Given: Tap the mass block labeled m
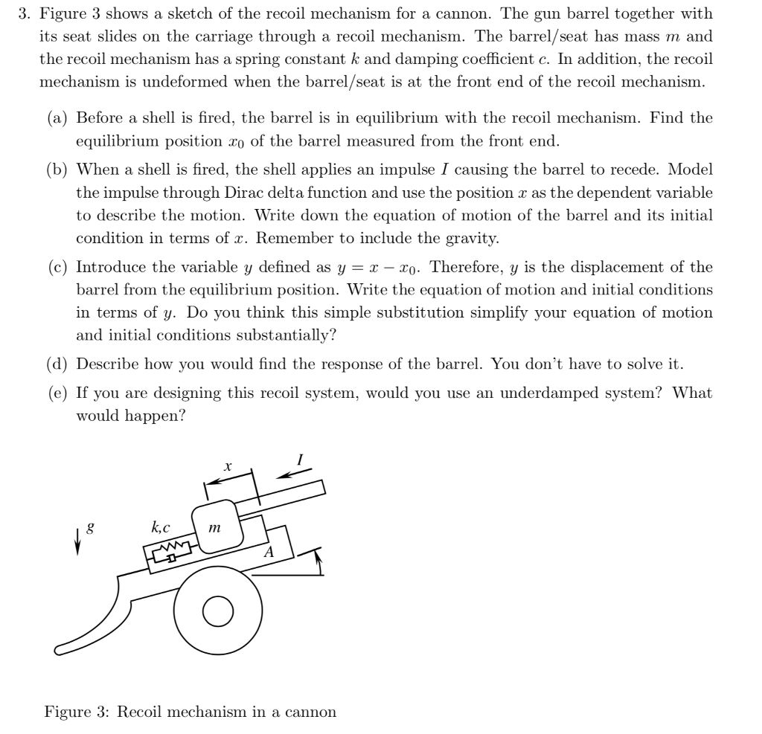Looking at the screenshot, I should pos(215,528).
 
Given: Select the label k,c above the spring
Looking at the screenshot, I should pos(160,528).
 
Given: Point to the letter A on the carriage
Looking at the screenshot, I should pos(269,552).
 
